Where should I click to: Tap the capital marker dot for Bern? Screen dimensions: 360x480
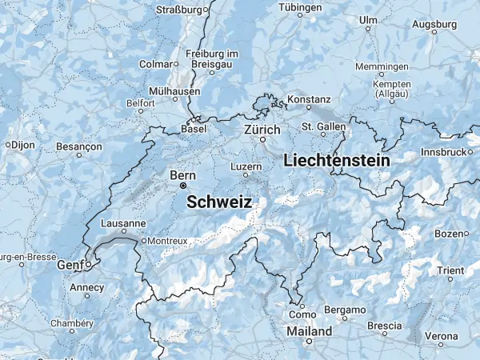coord(182,186)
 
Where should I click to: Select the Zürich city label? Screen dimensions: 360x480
coord(262,129)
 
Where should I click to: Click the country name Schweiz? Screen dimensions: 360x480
coord(219,203)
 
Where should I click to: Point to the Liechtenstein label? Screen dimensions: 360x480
coord(337,161)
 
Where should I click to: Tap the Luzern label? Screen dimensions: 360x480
coord(246,166)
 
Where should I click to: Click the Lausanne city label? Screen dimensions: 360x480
coord(123,224)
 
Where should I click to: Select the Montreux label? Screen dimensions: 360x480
coord(167,240)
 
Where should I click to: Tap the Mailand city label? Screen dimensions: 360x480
coord(310,330)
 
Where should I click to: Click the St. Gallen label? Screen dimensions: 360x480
coord(323,126)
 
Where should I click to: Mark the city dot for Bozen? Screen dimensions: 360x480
coord(466,234)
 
